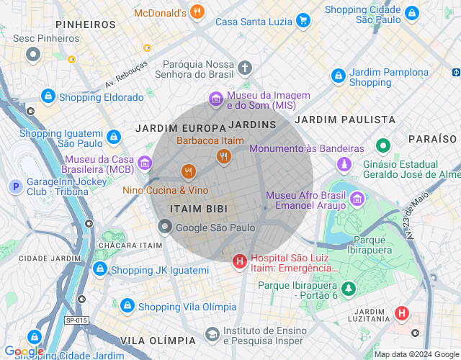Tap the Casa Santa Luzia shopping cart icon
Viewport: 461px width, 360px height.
click(x=303, y=21)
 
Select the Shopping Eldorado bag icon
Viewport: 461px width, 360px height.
click(x=48, y=96)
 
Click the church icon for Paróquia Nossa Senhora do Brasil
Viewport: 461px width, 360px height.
click(x=245, y=68)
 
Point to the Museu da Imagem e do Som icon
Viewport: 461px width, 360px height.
click(x=215, y=99)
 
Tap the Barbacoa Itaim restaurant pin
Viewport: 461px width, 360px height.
click(x=223, y=156)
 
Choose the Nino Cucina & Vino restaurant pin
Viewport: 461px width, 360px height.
click(x=188, y=171)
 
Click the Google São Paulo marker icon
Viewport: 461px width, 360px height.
click(x=165, y=228)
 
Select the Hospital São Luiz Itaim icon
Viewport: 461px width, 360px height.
click(x=239, y=262)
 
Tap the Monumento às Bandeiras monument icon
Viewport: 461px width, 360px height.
click(x=346, y=164)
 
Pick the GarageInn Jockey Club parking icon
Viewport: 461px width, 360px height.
click(x=14, y=187)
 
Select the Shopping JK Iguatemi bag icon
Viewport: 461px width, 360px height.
click(x=100, y=270)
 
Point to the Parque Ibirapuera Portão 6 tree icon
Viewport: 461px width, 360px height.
click(x=349, y=289)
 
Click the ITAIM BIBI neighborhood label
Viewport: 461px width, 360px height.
click(x=198, y=209)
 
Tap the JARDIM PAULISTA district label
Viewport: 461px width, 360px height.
click(x=345, y=119)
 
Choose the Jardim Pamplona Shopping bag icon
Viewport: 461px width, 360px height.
click(x=338, y=76)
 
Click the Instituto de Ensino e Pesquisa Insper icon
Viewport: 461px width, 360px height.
click(x=212, y=334)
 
